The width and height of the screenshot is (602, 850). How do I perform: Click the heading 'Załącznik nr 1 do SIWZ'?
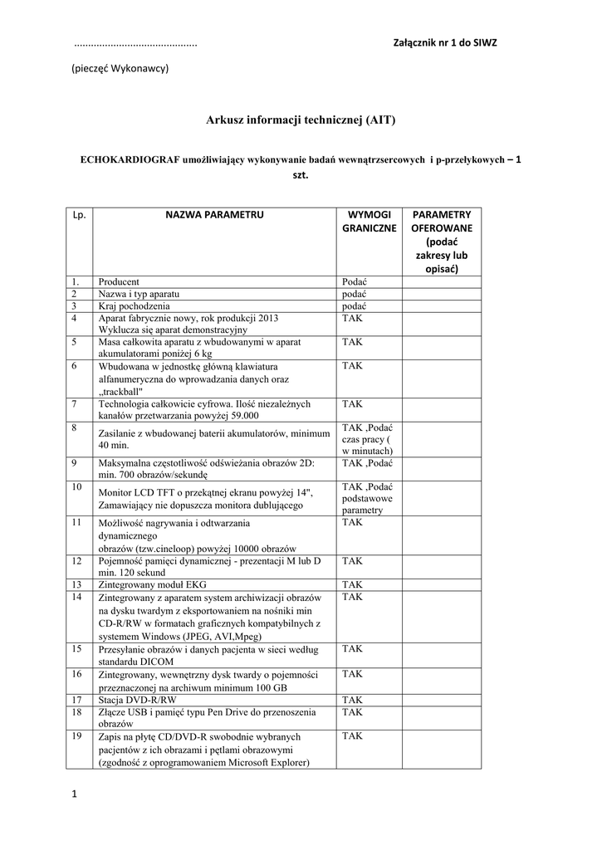pos(444,42)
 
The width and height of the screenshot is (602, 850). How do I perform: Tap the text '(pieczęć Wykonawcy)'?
pos(120,68)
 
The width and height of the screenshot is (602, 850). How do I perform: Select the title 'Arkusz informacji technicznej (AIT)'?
pos(301,120)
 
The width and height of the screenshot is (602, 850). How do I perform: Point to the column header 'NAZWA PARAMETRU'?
pos(214,214)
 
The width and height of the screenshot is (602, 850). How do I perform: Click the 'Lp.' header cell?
pos(80,215)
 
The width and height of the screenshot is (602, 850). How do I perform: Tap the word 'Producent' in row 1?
pos(119,281)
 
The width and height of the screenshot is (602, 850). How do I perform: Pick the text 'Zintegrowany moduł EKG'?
pos(151,584)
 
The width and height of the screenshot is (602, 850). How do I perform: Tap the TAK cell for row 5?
pos(352,341)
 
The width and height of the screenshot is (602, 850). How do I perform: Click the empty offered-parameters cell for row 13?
pos(442,584)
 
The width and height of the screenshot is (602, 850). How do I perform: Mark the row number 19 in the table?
pos(76,735)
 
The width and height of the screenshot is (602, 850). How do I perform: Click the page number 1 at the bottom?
pos(74,795)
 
